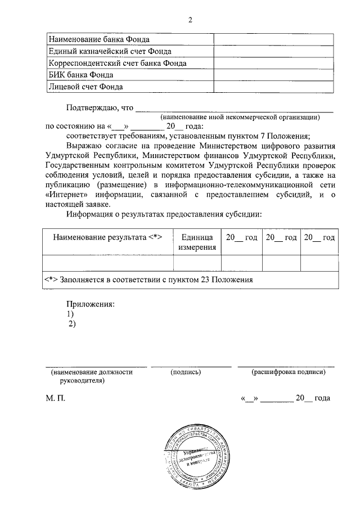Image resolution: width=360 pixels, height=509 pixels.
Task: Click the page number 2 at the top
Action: click(x=190, y=21)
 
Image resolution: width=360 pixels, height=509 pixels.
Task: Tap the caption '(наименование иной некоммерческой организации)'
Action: click(x=240, y=117)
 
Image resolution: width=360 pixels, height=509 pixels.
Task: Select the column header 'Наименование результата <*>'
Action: click(x=107, y=238)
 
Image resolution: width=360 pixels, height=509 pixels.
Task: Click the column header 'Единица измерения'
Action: click(x=197, y=242)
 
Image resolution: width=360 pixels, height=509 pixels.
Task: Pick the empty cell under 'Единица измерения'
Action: click(x=197, y=263)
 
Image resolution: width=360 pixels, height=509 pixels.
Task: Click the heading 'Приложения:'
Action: click(x=90, y=304)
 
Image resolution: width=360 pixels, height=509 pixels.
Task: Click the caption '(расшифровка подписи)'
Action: click(x=289, y=372)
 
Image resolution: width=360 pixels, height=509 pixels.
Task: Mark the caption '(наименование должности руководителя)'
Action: click(x=92, y=376)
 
